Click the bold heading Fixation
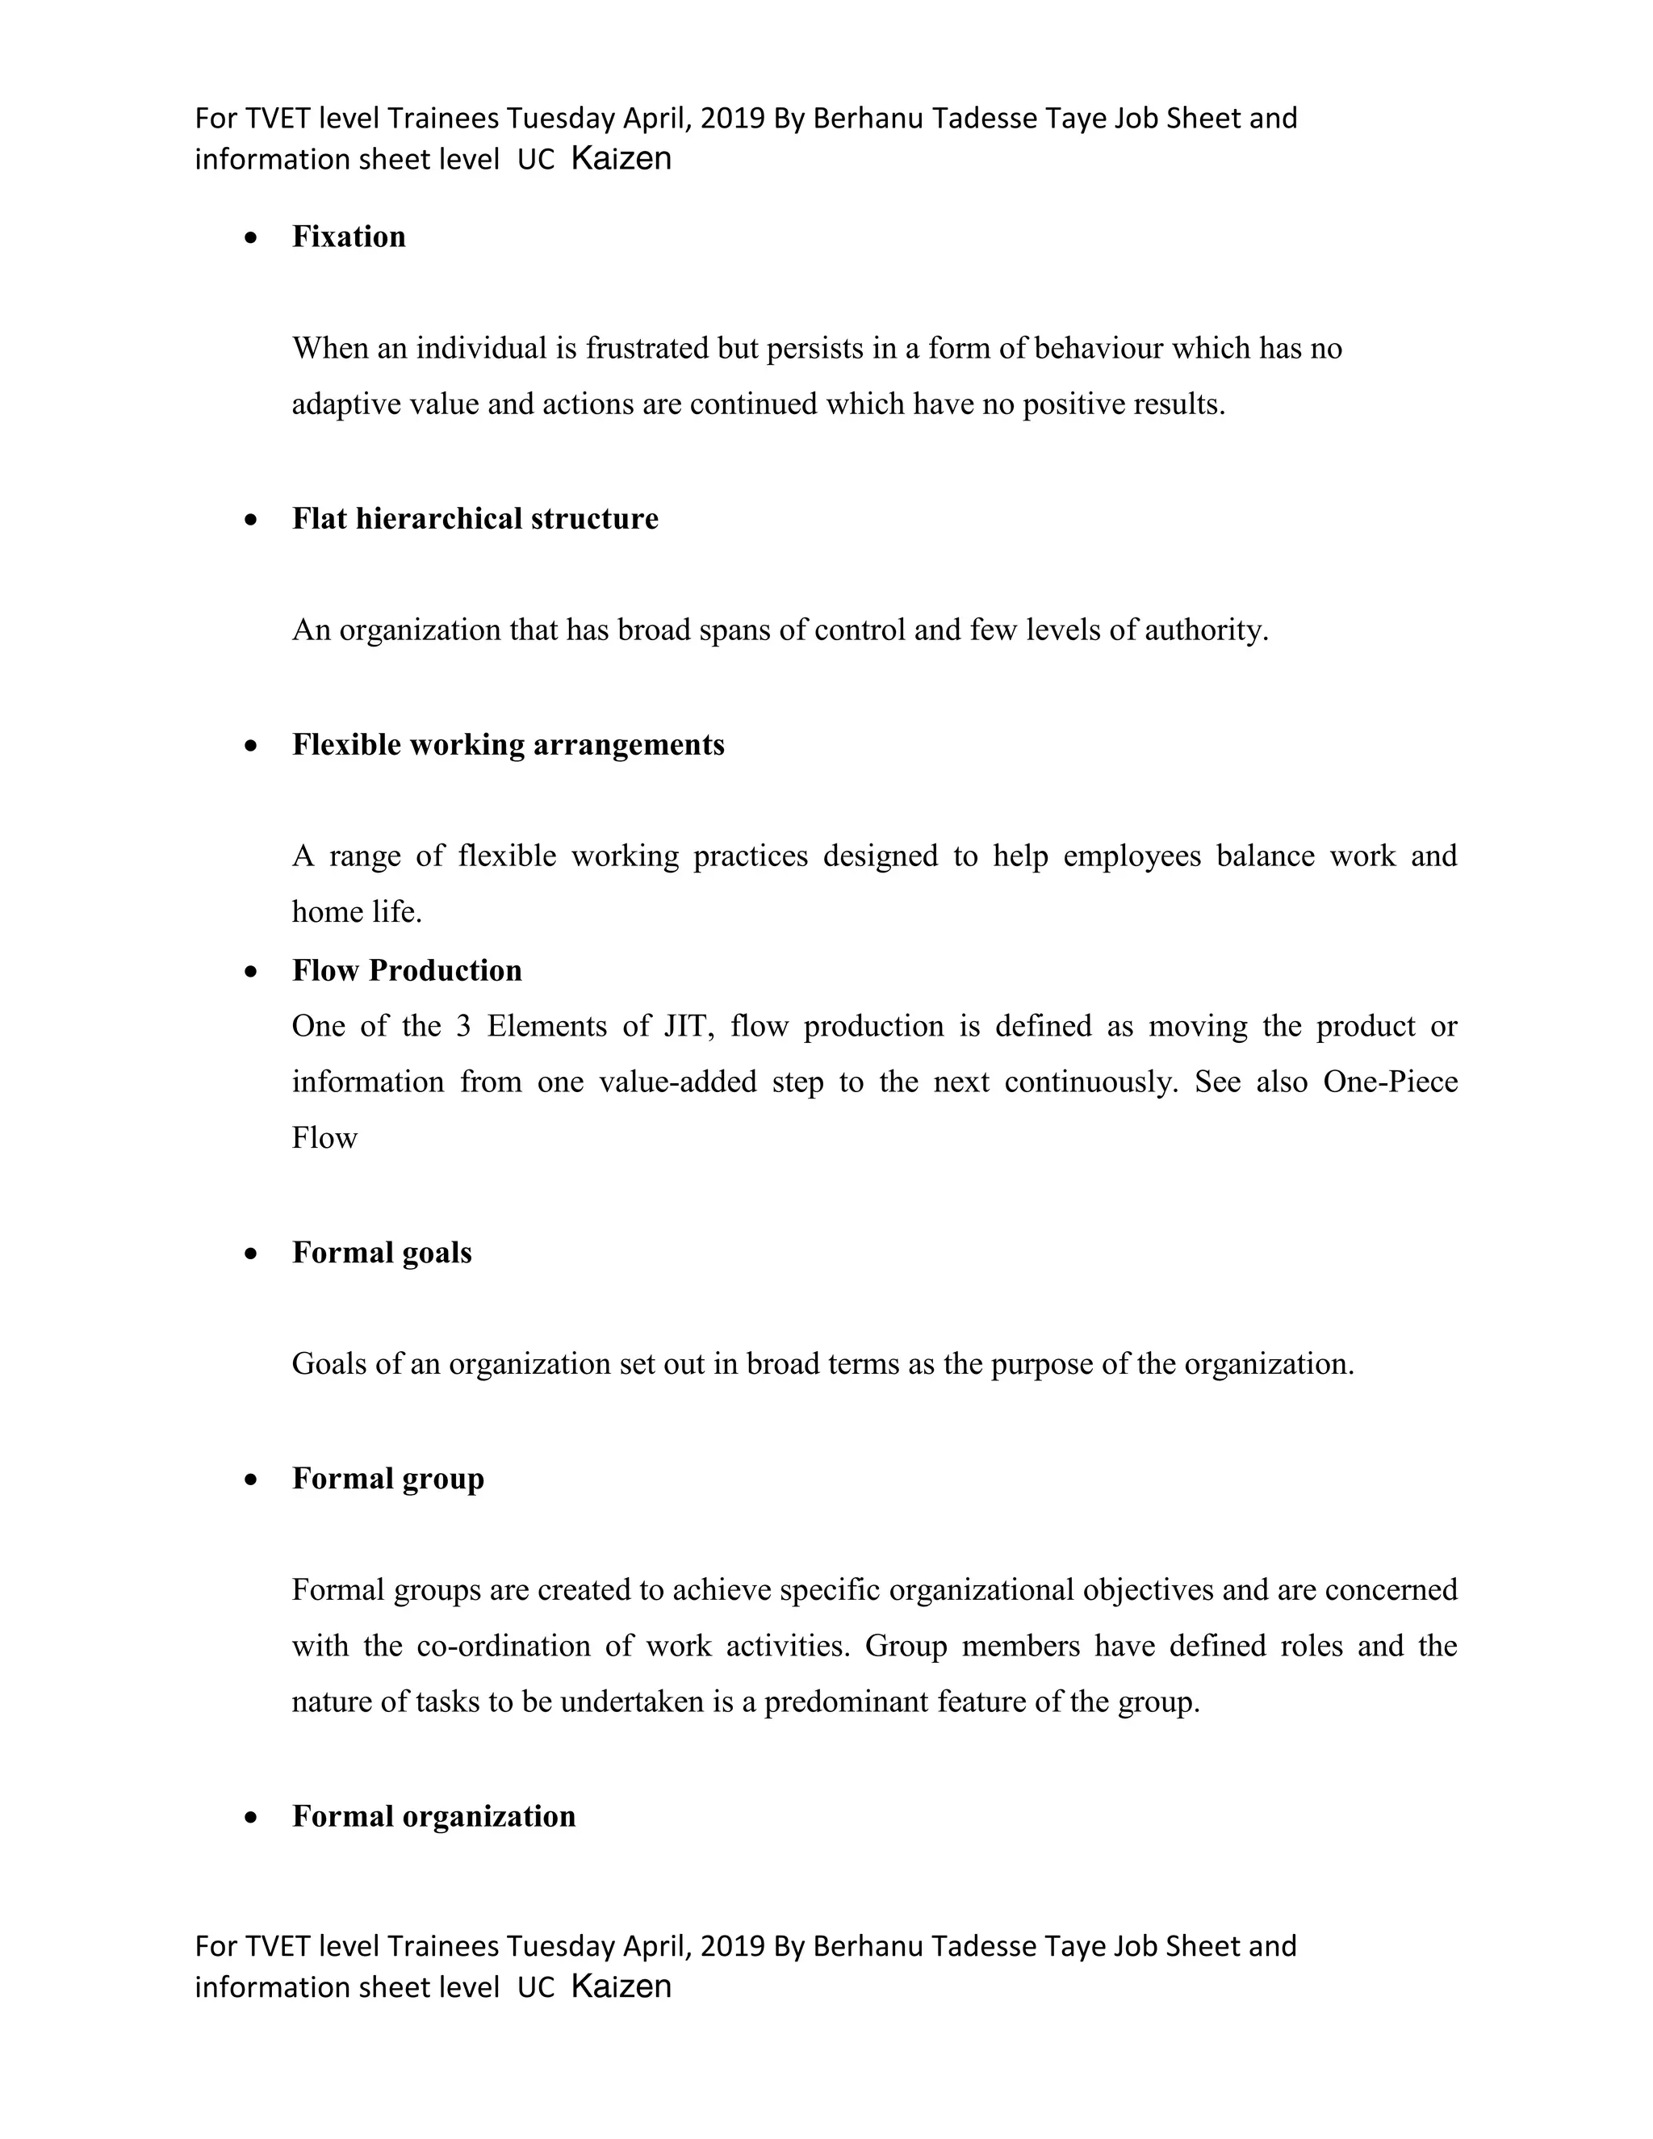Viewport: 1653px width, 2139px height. pos(349,237)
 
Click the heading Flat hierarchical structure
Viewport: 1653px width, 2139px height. pos(475,519)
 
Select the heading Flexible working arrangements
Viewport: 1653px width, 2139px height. pos(508,745)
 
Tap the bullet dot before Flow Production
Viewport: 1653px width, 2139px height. pos(252,972)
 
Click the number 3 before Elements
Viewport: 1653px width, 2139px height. pos(463,1027)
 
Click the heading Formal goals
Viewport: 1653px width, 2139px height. pos(382,1253)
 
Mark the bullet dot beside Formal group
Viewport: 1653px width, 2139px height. pos(252,1480)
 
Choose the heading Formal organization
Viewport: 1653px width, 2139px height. pos(433,1817)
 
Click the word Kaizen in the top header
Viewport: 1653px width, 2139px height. pos(621,159)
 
